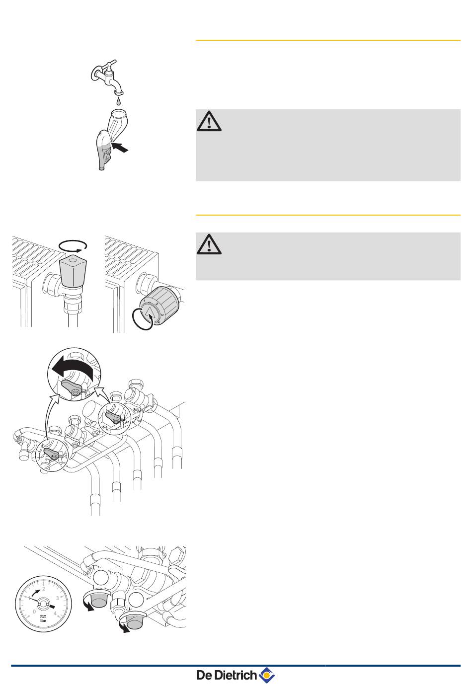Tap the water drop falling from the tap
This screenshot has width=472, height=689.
click(x=118, y=101)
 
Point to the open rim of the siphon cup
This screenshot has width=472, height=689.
click(x=119, y=113)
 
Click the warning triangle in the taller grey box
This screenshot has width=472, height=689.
click(x=209, y=121)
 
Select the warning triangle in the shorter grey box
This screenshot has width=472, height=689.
click(x=209, y=244)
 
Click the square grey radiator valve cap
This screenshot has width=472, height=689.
click(x=73, y=270)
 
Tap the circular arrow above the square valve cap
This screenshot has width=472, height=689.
click(x=73, y=245)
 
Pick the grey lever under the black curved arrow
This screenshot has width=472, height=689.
click(x=72, y=386)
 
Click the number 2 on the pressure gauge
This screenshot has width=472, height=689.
click(x=44, y=589)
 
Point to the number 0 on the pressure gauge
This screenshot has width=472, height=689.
click(x=34, y=612)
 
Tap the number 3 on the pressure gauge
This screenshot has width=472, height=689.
click(x=57, y=598)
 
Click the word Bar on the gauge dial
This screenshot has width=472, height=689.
click(x=43, y=621)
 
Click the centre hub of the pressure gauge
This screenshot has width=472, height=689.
click(x=43, y=604)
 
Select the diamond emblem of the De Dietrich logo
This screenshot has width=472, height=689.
click(x=267, y=676)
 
